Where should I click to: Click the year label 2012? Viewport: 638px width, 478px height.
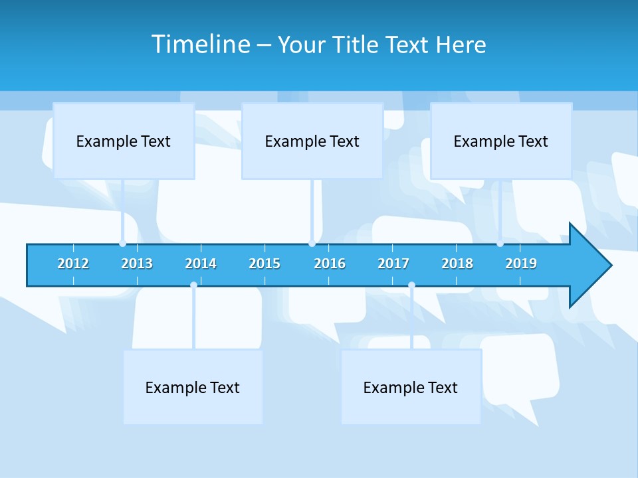pos(73,264)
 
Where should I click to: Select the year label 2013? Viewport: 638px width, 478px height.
pos(137,264)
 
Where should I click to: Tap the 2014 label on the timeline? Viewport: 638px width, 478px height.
pos(201,264)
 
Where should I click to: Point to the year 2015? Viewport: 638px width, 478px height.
pos(265,264)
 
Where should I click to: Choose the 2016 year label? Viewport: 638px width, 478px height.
pos(330,264)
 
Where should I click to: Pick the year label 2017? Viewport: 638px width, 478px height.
pos(393,264)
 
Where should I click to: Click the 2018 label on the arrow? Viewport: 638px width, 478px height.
pos(457,264)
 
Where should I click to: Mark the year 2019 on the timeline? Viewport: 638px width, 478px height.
pos(521,264)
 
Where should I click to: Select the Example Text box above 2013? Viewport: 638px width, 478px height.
pos(124,141)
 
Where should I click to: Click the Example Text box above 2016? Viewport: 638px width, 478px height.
pos(312,141)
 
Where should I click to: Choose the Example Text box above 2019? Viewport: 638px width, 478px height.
pos(501,141)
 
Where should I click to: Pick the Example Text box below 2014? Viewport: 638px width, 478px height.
pos(193,387)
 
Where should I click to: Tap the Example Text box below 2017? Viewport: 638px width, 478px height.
pos(411,387)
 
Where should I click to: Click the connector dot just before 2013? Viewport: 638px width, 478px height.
pos(123,244)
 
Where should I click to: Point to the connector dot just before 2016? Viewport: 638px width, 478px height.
pos(312,244)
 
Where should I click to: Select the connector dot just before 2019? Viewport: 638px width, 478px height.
pos(500,244)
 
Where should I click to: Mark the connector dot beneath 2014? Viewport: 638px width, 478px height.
pos(193,285)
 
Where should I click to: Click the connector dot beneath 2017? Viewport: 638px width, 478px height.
pos(411,285)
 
